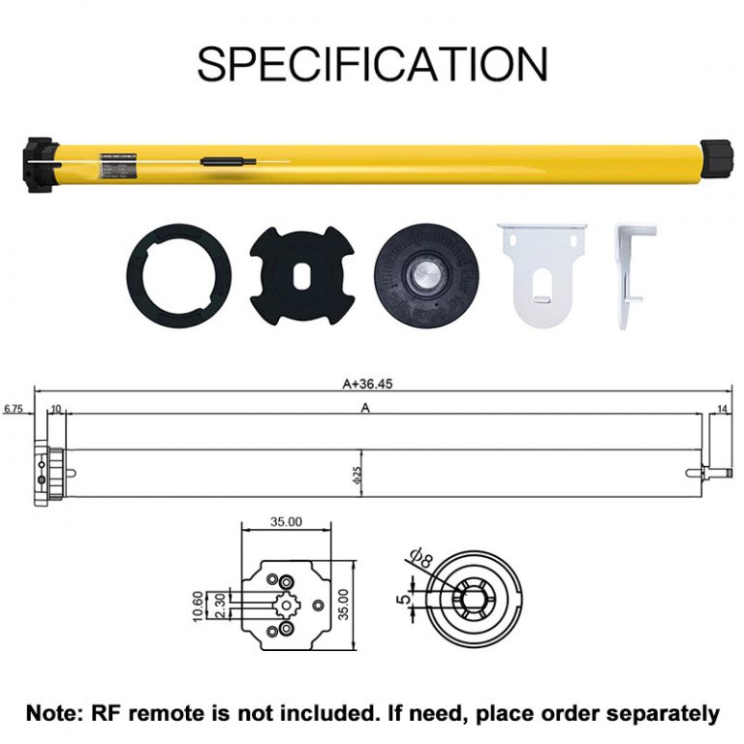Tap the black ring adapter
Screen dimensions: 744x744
(x=178, y=276)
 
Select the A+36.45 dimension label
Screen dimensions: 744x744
(x=368, y=383)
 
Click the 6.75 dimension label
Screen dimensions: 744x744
(x=13, y=410)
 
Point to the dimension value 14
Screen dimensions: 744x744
(x=722, y=410)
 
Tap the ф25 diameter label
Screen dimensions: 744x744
(x=357, y=476)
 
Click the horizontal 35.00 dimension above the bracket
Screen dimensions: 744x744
(x=287, y=521)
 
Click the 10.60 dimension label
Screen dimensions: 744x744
(x=198, y=607)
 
